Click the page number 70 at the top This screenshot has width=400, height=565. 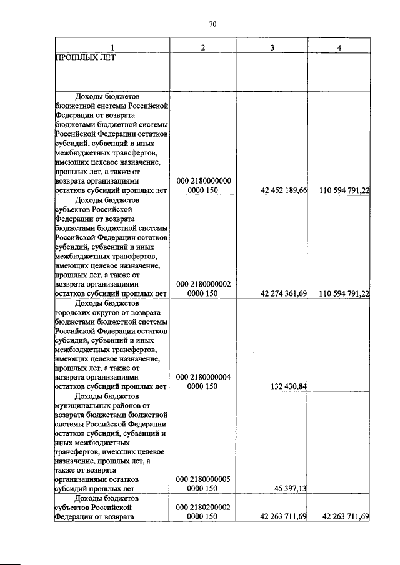(212, 24)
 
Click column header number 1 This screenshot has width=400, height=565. (112, 48)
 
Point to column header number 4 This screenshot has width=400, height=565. (339, 48)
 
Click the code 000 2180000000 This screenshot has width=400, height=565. (204, 181)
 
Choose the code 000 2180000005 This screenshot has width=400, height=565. (204, 479)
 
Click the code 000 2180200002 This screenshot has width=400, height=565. (204, 507)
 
